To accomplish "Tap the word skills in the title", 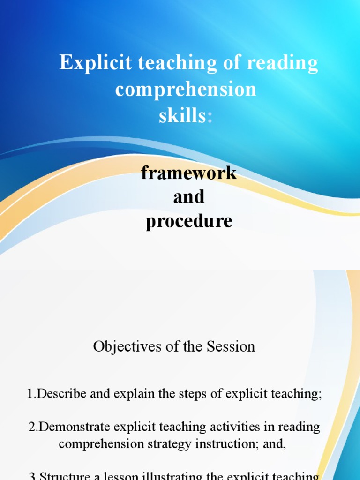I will click(x=182, y=116).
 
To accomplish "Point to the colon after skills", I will click(x=210, y=117).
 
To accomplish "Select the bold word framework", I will click(x=189, y=173).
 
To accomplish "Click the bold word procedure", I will click(x=189, y=221).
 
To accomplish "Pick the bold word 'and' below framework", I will click(x=189, y=197).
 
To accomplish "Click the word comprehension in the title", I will click(x=186, y=90).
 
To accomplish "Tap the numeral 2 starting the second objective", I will click(x=31, y=427).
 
